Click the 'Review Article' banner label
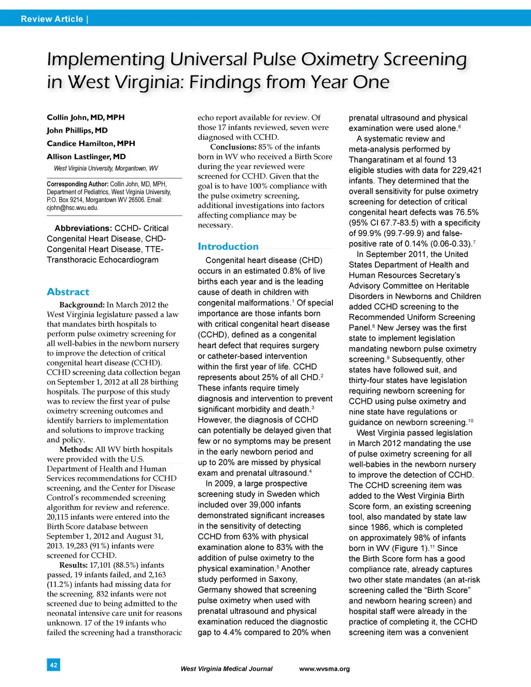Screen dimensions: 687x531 [x=52, y=19]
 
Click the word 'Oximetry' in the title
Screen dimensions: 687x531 [x=340, y=59]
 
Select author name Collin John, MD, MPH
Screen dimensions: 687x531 [x=86, y=117]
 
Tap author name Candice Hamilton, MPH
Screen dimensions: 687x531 [x=91, y=144]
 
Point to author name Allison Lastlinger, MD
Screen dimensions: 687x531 [x=86, y=156]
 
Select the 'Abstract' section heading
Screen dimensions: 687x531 [x=68, y=292]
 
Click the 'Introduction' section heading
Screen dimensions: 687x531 [x=228, y=247]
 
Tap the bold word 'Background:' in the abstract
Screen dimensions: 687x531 [x=82, y=305]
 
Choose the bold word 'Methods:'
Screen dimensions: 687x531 [x=76, y=449]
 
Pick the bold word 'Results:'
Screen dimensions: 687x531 [x=73, y=565]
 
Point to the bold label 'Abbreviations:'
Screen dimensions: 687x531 [x=83, y=228]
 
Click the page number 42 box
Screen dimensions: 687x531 [x=53, y=665]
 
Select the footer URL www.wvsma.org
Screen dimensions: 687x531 [x=324, y=669]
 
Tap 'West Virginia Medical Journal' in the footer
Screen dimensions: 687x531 [x=226, y=669]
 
